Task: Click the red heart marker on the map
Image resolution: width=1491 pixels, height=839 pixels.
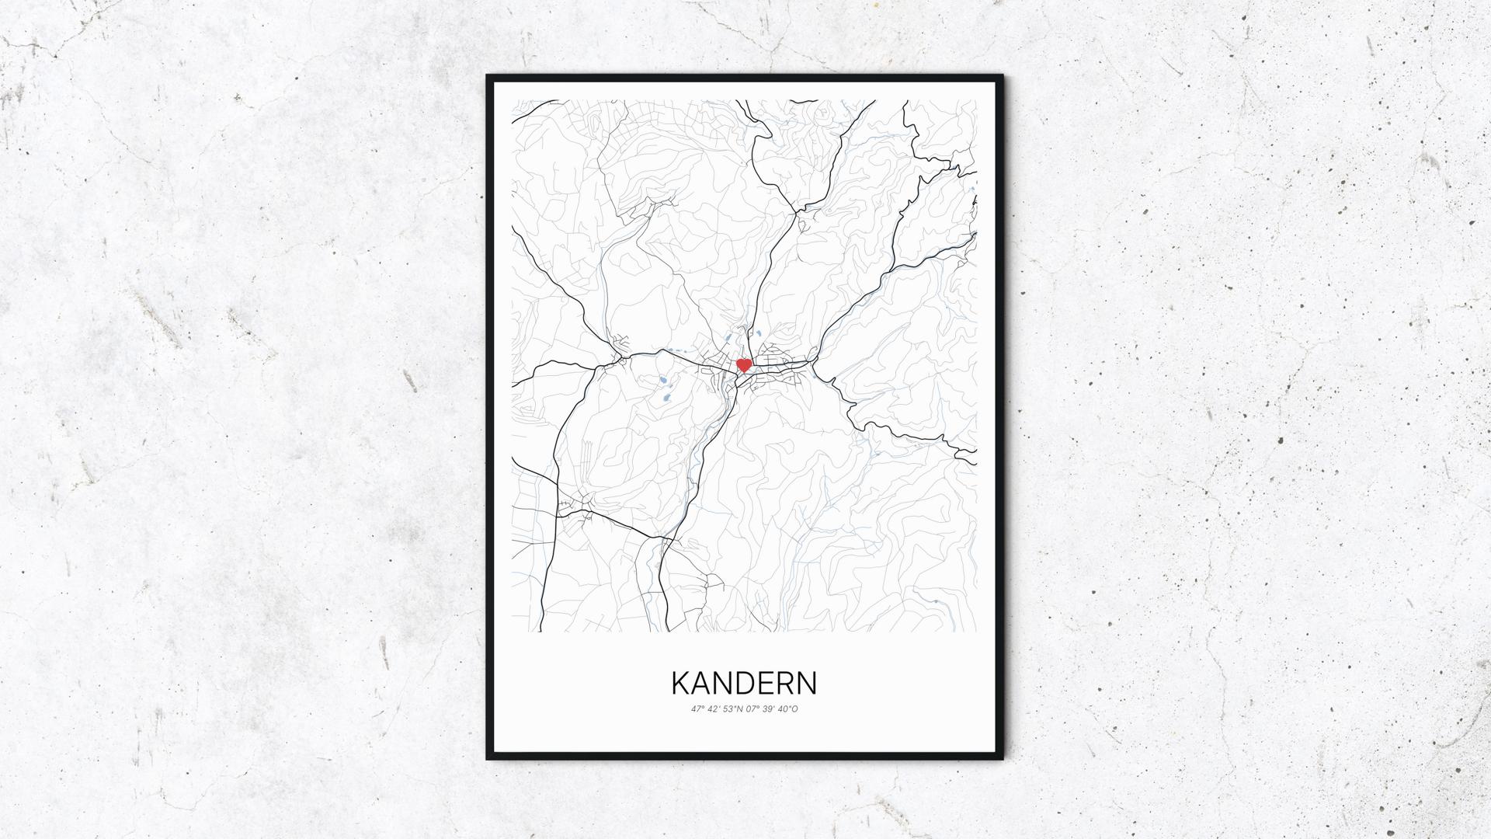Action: click(x=743, y=364)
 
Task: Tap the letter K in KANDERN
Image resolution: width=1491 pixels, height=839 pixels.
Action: click(x=681, y=683)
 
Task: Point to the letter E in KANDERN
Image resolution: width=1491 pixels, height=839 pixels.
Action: click(x=766, y=683)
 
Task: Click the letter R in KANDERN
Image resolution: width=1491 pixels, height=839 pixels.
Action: click(x=785, y=683)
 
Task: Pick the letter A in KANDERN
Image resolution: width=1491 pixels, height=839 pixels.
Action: click(x=702, y=683)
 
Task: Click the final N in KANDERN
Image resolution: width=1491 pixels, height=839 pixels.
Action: click(x=807, y=683)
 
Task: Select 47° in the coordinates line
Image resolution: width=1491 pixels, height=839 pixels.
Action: click(x=697, y=709)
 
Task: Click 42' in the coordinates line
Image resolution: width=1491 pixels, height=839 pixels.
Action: click(x=714, y=709)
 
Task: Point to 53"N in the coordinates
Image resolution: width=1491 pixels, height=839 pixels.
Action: click(x=732, y=709)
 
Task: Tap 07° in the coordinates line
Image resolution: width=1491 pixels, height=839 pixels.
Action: click(x=752, y=709)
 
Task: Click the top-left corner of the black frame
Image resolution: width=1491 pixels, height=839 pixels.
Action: click(x=488, y=77)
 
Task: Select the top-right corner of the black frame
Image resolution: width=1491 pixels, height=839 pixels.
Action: click(x=1001, y=77)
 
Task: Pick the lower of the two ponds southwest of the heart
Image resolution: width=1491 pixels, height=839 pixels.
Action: click(x=666, y=399)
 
